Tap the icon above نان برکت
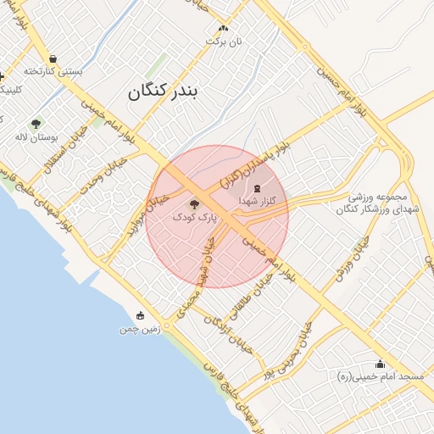click(223, 28)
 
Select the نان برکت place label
click(226, 41)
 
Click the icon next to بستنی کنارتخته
click(53, 58)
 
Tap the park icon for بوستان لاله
click(35, 123)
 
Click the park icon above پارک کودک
click(194, 203)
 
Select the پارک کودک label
click(194, 217)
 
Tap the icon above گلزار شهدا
click(257, 187)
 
